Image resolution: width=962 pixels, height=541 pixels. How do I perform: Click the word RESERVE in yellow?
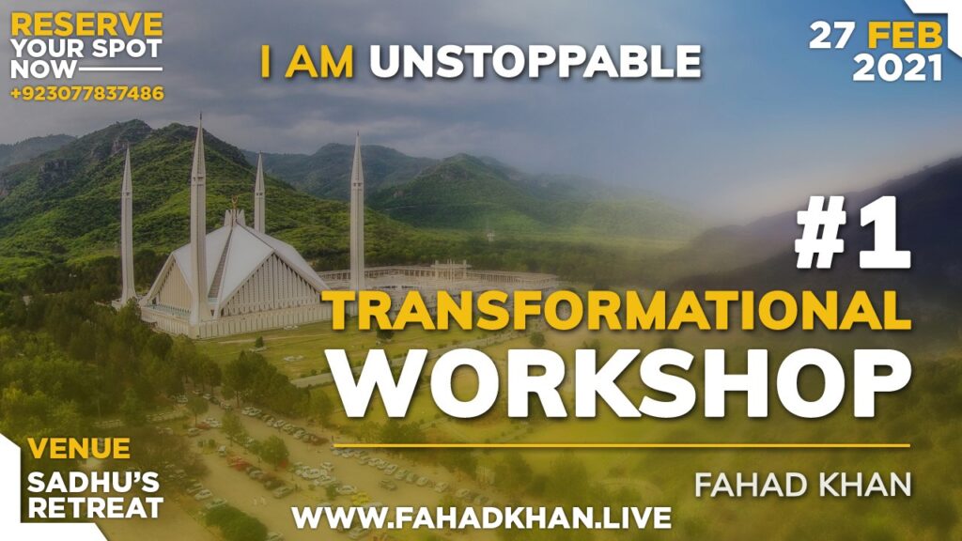87,25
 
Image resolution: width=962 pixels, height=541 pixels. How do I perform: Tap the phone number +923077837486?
87,93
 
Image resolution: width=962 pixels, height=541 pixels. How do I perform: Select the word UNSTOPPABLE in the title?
535,62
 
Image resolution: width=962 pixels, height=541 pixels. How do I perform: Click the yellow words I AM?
307,62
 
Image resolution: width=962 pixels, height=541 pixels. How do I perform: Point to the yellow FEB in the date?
906,37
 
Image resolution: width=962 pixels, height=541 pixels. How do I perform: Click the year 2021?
897,68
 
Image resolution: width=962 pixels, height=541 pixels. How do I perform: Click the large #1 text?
853,238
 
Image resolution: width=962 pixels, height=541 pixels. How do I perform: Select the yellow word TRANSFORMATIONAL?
616,310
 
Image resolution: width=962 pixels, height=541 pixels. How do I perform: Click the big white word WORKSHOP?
622,384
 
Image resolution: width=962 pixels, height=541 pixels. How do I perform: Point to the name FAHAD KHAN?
803,485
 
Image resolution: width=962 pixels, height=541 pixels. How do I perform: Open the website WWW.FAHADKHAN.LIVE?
482,518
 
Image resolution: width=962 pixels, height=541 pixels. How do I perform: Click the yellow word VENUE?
79,448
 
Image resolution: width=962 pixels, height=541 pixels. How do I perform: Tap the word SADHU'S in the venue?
93,484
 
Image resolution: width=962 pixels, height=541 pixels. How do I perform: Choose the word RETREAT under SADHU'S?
96,508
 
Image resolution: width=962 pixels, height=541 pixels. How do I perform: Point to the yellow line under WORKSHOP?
622,445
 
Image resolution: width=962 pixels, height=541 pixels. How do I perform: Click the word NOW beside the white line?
43,70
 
